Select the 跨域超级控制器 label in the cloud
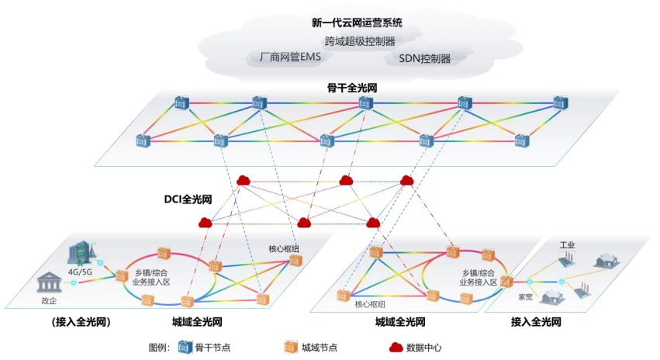[360, 41]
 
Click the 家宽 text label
[525, 296]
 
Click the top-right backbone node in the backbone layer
[559, 103]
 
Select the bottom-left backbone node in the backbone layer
[143, 140]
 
